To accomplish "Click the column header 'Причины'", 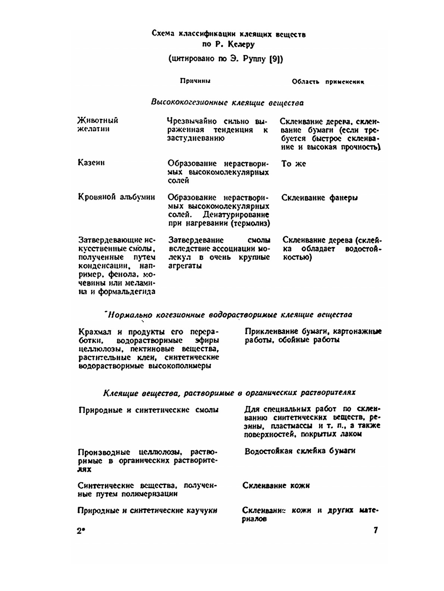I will [x=195, y=81].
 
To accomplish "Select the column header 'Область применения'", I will [x=328, y=82].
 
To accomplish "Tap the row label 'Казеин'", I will [x=91, y=162].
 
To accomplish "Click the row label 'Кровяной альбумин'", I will [x=116, y=197].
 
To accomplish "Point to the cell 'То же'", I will [x=293, y=164].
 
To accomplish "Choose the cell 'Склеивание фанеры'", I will [x=319, y=198].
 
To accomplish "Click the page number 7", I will [x=376, y=530].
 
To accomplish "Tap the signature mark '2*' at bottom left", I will [x=80, y=531].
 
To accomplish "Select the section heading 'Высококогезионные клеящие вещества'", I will [x=227, y=102].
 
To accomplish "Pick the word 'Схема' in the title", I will [x=163, y=34].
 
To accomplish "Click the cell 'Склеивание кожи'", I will [x=276, y=485].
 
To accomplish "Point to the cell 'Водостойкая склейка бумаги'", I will [x=300, y=451].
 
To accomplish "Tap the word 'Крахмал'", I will [x=94, y=332].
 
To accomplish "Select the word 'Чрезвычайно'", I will [x=192, y=121].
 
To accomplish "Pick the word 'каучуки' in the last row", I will [x=202, y=510].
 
